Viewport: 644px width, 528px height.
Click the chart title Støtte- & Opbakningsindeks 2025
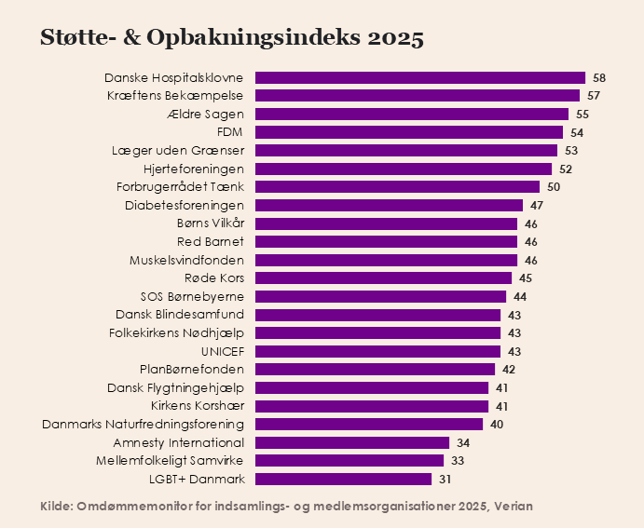[232, 38]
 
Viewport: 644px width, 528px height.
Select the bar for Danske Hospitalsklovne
[419, 78]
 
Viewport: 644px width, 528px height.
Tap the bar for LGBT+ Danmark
[343, 480]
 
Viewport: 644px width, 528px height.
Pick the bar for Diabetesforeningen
[389, 206]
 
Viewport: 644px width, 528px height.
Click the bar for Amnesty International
[351, 443]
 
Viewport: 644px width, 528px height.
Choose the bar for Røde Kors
[383, 278]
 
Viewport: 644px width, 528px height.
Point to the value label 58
[599, 78]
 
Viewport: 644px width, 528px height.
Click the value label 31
[445, 480]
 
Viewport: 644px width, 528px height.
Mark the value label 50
[554, 187]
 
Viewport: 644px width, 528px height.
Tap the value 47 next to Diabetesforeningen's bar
[537, 206]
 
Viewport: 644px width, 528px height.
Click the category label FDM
[230, 132]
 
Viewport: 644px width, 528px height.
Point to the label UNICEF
[223, 351]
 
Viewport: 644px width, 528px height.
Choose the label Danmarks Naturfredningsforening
[144, 425]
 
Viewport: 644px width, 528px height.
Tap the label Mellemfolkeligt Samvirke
[170, 461]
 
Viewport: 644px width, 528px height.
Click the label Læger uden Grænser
[177, 151]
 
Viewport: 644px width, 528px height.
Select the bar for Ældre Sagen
[411, 115]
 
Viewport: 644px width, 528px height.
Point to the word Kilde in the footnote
[58, 506]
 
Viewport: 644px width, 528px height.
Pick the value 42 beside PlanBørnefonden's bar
[509, 370]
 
